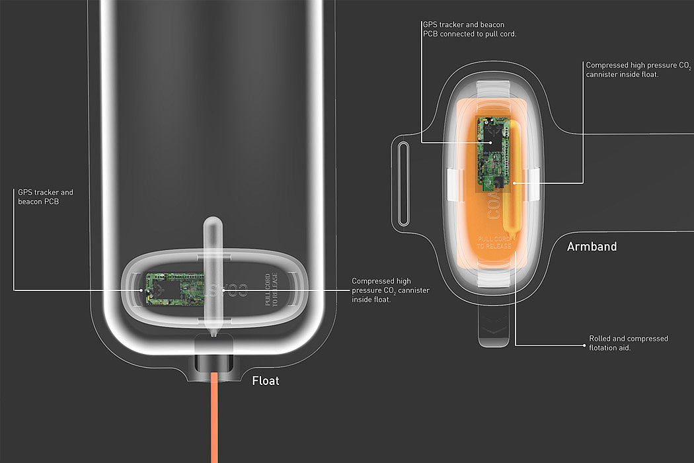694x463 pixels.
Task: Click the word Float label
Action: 266,381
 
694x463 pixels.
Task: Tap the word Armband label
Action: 592,247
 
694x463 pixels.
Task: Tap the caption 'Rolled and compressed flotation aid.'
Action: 628,343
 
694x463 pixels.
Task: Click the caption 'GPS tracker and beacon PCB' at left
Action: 46,196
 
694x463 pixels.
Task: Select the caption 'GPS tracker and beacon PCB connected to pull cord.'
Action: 469,29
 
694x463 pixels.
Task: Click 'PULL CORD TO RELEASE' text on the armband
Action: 495,241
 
